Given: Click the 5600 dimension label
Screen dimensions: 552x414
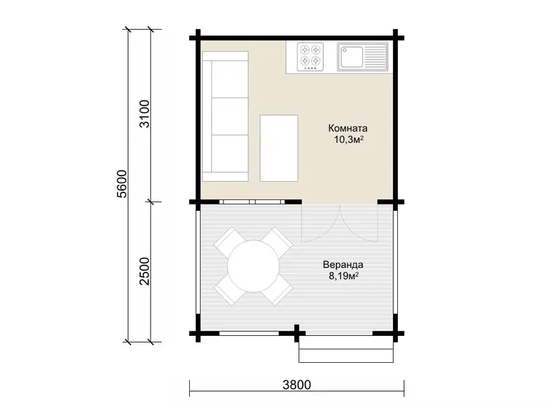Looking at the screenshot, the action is pos(121,184).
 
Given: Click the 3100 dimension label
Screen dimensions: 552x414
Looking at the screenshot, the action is pos(145,114).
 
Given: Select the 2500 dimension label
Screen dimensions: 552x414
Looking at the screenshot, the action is pos(145,271).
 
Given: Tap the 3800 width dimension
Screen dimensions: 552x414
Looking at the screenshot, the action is pos(297,385).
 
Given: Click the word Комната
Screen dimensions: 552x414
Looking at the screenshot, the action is pos(348,128).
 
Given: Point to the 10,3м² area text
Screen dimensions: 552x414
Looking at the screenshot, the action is pos(349,139).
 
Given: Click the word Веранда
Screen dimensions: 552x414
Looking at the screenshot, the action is pos(343,265).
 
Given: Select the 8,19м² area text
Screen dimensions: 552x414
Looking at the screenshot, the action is pos(343,275).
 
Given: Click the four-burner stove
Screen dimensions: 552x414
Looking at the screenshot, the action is pos(310,57).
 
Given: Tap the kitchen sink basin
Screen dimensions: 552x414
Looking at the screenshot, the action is pos(351,57).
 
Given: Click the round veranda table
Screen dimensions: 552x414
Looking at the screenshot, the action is pos(254,266).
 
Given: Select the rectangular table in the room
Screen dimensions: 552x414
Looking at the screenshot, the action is pos(279,148).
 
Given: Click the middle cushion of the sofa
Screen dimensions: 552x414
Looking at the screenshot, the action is pos(230,116).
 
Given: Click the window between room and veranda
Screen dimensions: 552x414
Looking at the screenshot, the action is pos(252,202).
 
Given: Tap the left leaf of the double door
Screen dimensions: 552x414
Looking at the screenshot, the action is pos(320,223).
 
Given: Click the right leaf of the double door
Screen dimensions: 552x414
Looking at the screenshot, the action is pos(359,223).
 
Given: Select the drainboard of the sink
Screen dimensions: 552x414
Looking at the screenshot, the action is pos(375,57).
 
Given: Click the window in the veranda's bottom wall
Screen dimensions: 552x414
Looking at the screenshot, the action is pos(249,333).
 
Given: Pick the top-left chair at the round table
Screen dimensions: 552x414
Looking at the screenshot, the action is pos(229,242).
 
